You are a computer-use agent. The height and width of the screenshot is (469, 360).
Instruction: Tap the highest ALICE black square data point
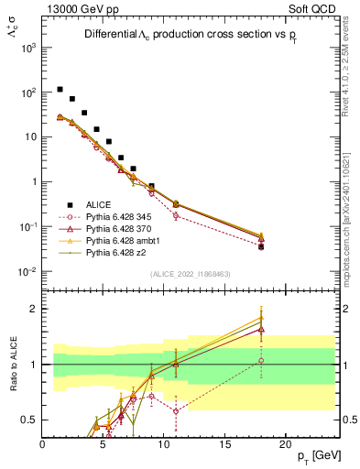[x=60, y=90]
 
